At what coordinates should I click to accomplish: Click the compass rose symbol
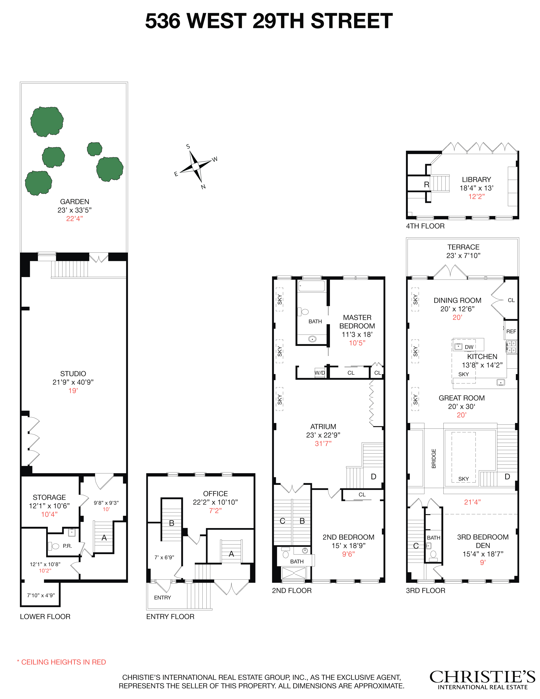pyautogui.click(x=195, y=166)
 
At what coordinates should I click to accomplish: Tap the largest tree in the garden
pyautogui.click(x=47, y=121)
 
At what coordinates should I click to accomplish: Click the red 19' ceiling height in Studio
pyautogui.click(x=73, y=390)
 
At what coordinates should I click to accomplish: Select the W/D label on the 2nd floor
pyautogui.click(x=320, y=373)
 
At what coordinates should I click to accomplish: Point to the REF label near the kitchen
pyautogui.click(x=511, y=331)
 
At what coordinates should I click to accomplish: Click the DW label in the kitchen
pyautogui.click(x=469, y=347)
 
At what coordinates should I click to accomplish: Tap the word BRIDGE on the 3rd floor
pyautogui.click(x=434, y=459)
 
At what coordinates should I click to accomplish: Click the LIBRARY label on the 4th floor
pyautogui.click(x=476, y=180)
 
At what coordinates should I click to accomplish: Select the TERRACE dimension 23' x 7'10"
pyautogui.click(x=463, y=255)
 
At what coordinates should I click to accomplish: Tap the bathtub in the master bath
pyautogui.click(x=312, y=286)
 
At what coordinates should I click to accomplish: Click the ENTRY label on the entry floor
pyautogui.click(x=162, y=598)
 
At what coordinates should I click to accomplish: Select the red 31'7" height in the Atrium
pyautogui.click(x=323, y=443)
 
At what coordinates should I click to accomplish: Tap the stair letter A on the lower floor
pyautogui.click(x=104, y=538)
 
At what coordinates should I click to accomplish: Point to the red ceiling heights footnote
pyautogui.click(x=61, y=662)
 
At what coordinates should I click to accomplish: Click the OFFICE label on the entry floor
pyautogui.click(x=215, y=494)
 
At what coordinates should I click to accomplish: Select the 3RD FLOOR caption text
pyautogui.click(x=425, y=591)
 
